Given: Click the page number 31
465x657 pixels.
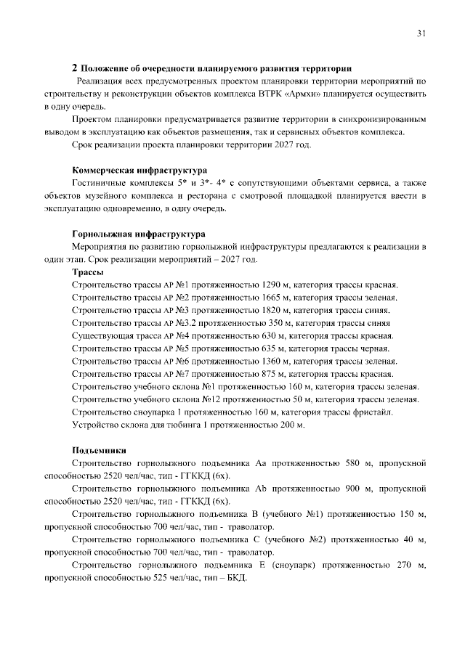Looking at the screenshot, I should click(421, 33).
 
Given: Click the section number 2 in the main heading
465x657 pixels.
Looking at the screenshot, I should click(74, 68).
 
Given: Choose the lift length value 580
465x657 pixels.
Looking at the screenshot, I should click(352, 462).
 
